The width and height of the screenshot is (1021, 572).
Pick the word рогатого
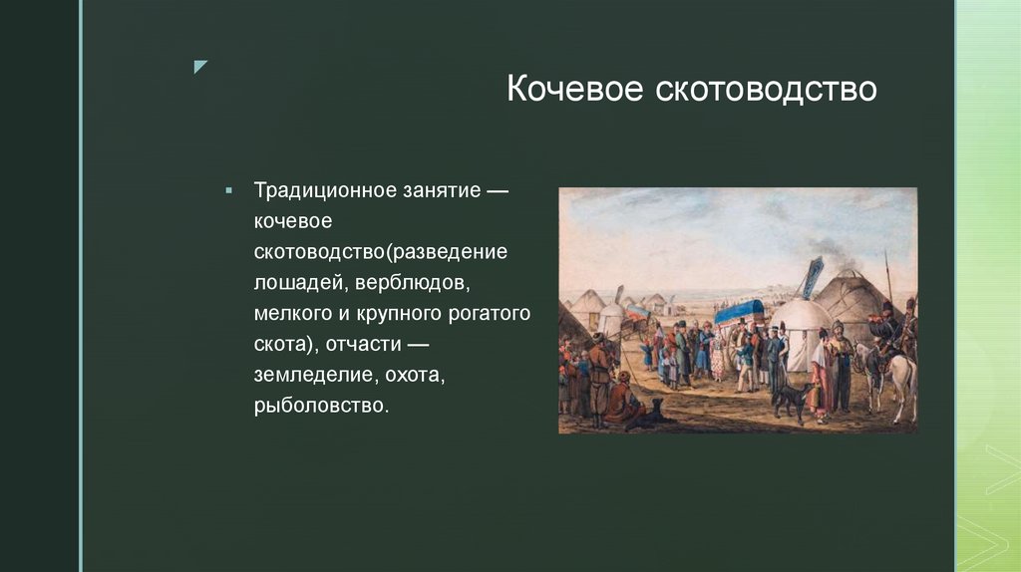tap(487, 314)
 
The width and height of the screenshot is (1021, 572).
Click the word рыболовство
tap(319, 407)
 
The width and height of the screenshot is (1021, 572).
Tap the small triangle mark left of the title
tap(200, 67)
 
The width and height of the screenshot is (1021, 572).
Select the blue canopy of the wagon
tap(739, 311)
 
